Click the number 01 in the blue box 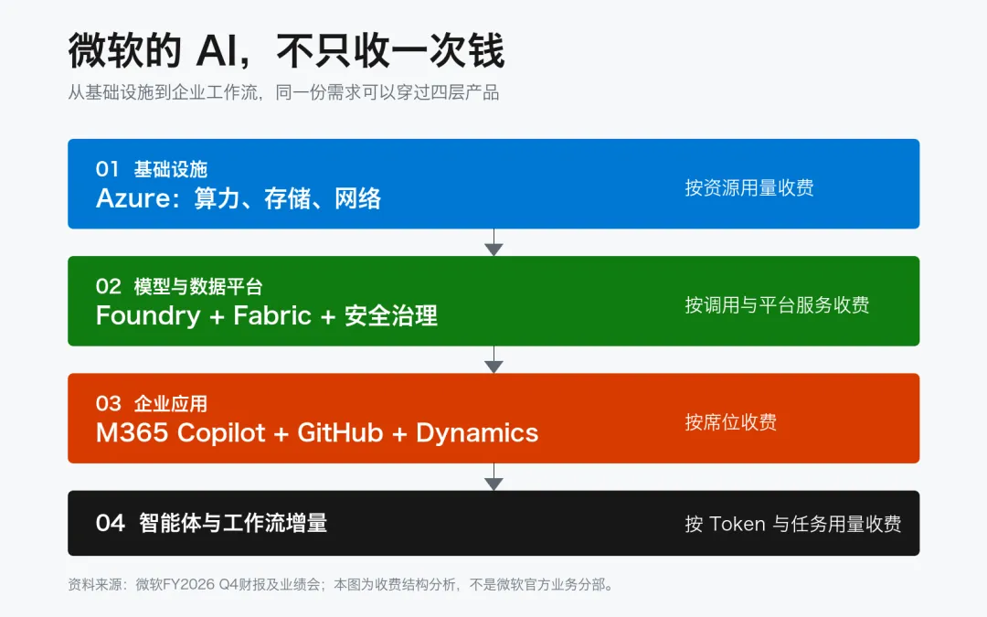[107, 169]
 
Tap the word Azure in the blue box [133, 198]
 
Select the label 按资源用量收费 [749, 187]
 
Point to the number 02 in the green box [108, 286]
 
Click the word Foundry [148, 316]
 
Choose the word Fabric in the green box [272, 315]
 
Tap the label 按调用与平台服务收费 [777, 304]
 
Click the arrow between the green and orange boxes [493, 359]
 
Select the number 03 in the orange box [108, 404]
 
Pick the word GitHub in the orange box [340, 432]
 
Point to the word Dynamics [477, 433]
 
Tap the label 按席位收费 [731, 421]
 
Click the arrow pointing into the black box [493, 476]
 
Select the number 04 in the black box [111, 523]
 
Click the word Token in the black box [738, 524]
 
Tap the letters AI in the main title [217, 51]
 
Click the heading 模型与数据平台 [198, 286]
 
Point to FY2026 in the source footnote [189, 584]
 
